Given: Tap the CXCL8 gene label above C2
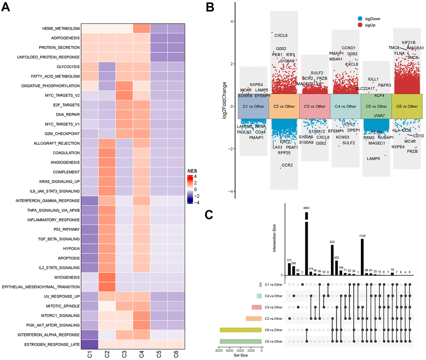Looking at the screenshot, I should (x=281, y=36).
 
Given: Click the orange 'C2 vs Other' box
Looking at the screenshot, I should (x=284, y=106).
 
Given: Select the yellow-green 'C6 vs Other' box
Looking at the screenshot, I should (x=407, y=106).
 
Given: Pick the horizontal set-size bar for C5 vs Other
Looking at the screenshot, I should (x=241, y=341).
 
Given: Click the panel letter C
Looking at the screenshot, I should (x=212, y=216).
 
